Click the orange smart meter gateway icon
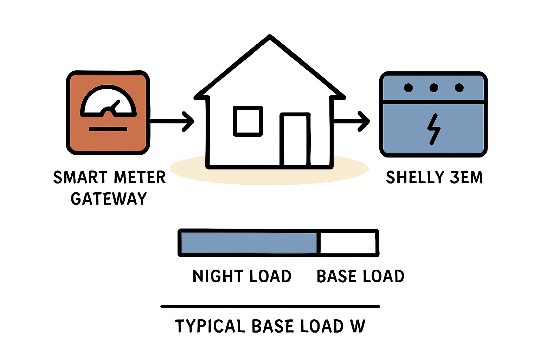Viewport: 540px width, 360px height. coord(108,112)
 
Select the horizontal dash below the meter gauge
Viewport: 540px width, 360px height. coord(108,129)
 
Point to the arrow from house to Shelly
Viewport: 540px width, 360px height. coord(352,121)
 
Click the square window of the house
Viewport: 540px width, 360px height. coord(248,121)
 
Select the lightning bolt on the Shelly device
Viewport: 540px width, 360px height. coord(434,129)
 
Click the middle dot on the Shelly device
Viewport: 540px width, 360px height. coord(434,88)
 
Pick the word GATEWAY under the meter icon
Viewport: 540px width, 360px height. coord(109,199)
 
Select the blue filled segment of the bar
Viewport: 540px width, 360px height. coord(249,243)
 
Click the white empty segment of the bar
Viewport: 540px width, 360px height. coord(348,243)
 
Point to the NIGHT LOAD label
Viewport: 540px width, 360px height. coord(242,276)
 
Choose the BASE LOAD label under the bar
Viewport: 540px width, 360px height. coord(360,276)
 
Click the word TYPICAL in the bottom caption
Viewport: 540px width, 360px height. coord(210,326)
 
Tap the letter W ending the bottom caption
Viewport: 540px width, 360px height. coord(358,326)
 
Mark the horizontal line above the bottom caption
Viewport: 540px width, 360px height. coord(270,307)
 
